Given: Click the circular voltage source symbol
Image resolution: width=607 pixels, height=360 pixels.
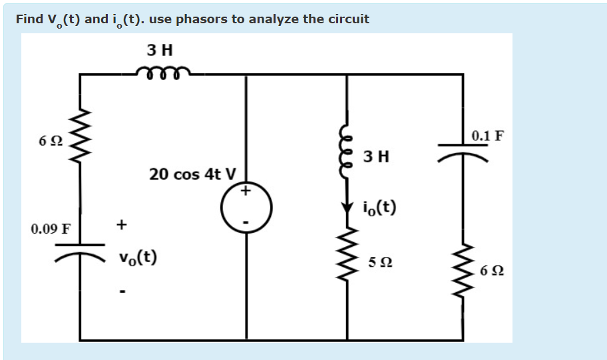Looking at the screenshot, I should pyautogui.click(x=246, y=207).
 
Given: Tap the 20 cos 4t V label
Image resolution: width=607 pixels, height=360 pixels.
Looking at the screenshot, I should pyautogui.click(x=192, y=174).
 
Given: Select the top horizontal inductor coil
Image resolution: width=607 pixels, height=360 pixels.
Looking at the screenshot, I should pyautogui.click(x=163, y=72).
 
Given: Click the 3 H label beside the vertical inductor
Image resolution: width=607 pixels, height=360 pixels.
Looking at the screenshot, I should pyautogui.click(x=377, y=158).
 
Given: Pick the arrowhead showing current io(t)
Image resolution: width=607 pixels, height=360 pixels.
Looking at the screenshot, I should pyautogui.click(x=347, y=208).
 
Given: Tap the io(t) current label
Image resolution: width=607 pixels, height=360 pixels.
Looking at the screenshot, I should pyautogui.click(x=380, y=208).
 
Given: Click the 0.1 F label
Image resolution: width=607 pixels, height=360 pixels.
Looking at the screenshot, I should pyautogui.click(x=488, y=136).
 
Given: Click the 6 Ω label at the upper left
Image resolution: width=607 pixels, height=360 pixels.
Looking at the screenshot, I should pyautogui.click(x=51, y=141).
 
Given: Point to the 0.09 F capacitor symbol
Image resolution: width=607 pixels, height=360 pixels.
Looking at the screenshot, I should pyautogui.click(x=81, y=250).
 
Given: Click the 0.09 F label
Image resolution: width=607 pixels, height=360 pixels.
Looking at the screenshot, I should pyautogui.click(x=50, y=230).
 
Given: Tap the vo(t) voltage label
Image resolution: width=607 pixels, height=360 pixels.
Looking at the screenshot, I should pyautogui.click(x=138, y=258).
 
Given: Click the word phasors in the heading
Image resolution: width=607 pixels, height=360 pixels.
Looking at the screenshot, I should pyautogui.click(x=202, y=19).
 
